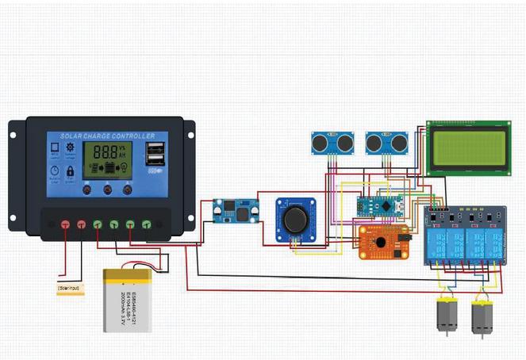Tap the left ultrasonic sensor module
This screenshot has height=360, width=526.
click(332, 143)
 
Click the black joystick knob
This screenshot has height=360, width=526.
click(295, 218)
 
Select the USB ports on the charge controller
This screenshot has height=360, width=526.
click(153, 155)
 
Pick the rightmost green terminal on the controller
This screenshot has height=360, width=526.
click(147, 224)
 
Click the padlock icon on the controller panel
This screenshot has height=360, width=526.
click(70, 170)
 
